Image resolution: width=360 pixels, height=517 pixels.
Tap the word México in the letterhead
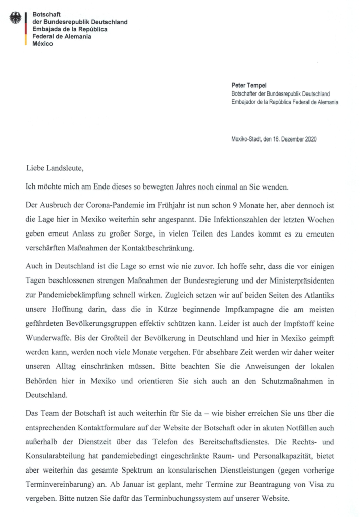(43, 43)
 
